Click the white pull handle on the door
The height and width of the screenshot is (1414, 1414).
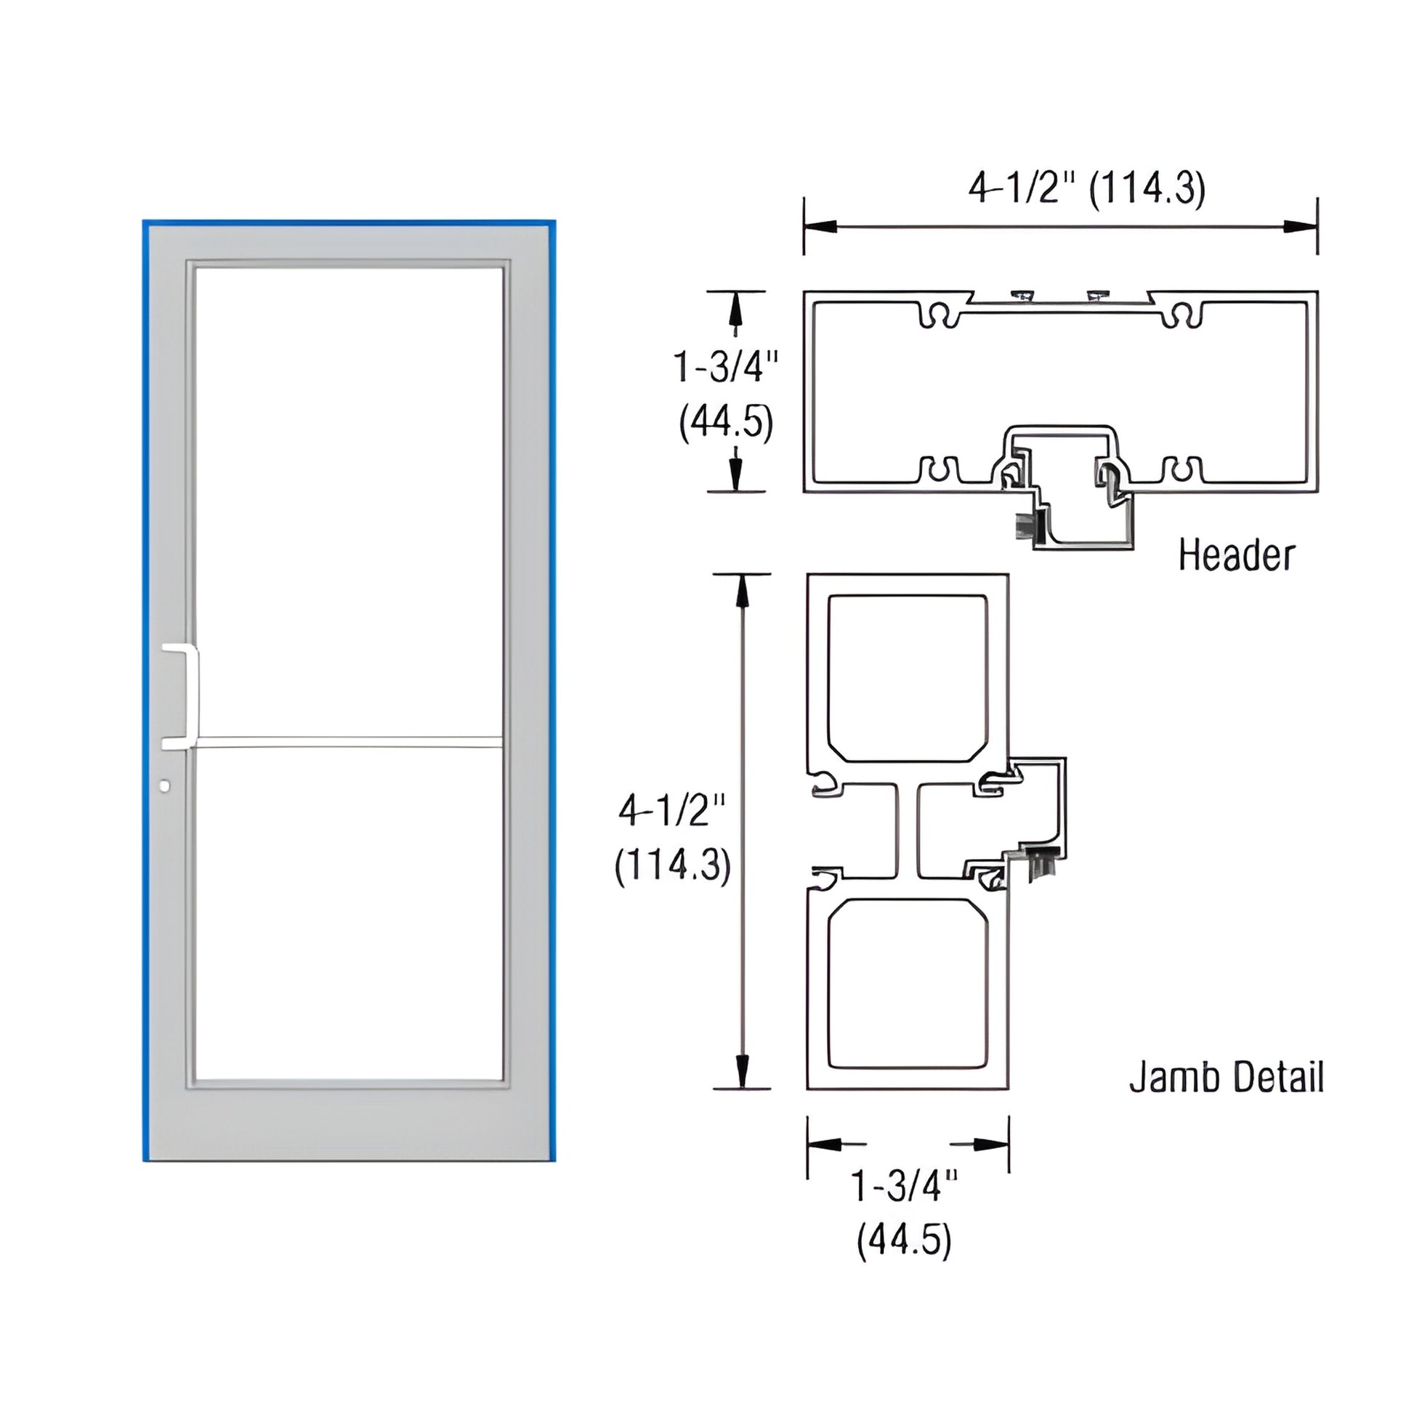pyautogui.click(x=192, y=696)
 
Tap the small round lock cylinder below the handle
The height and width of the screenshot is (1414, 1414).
pyautogui.click(x=165, y=786)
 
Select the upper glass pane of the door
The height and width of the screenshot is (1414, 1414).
pyautogui.click(x=350, y=501)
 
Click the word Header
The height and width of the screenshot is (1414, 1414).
pyautogui.click(x=1236, y=555)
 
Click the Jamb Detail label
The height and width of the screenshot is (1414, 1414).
pyautogui.click(x=1226, y=1078)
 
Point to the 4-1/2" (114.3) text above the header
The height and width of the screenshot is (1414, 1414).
pyautogui.click(x=1086, y=189)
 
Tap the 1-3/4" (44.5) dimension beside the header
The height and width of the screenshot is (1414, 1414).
pyautogui.click(x=725, y=395)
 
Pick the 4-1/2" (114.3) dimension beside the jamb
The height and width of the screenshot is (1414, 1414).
pyautogui.click(x=673, y=838)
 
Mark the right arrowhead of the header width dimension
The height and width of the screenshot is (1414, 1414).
pyautogui.click(x=1301, y=227)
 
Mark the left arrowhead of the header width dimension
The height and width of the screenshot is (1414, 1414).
pyautogui.click(x=820, y=227)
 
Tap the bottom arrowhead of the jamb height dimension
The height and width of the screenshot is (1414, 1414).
pyautogui.click(x=742, y=1072)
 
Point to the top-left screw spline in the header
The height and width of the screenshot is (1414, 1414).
pyautogui.click(x=940, y=315)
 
